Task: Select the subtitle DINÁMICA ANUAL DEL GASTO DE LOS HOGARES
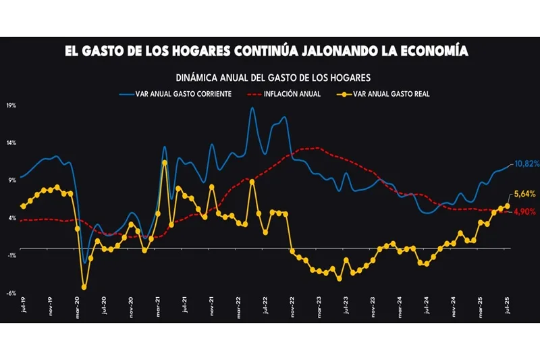point(273,78)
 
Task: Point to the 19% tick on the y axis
point(11,106)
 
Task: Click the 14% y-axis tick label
point(11,143)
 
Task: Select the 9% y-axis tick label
point(13,180)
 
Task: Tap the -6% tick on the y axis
point(11,293)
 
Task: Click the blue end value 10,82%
point(526,164)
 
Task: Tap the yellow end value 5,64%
point(524,195)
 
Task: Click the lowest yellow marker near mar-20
point(84,287)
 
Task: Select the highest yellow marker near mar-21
point(165,162)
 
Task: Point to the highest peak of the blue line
point(252,108)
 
